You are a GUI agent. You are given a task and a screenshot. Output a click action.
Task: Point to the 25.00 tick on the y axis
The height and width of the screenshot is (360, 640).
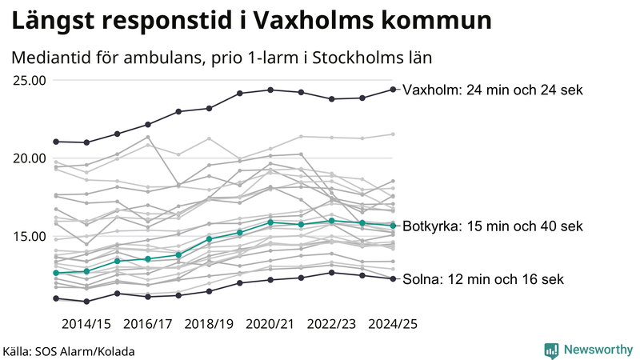(x=29, y=80)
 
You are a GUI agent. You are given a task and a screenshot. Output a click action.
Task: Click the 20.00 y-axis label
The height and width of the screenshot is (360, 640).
(x=29, y=158)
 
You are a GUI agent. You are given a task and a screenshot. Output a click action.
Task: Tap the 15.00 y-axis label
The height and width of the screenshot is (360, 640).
(x=29, y=236)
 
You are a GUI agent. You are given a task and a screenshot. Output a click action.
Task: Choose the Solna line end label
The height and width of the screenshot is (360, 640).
(x=484, y=279)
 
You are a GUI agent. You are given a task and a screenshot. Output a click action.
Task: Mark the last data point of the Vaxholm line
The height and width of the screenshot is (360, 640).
(x=393, y=90)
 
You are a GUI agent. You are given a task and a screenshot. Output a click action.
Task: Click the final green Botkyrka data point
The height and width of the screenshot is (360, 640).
(x=393, y=226)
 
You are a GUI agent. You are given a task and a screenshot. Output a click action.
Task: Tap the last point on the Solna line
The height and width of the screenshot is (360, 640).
(x=393, y=279)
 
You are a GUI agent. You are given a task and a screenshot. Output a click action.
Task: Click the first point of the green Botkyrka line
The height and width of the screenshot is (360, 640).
(x=56, y=273)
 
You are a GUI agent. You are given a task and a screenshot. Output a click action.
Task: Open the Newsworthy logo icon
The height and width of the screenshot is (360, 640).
(x=551, y=350)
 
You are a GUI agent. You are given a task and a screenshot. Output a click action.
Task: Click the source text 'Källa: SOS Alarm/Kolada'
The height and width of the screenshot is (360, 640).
(x=69, y=351)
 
